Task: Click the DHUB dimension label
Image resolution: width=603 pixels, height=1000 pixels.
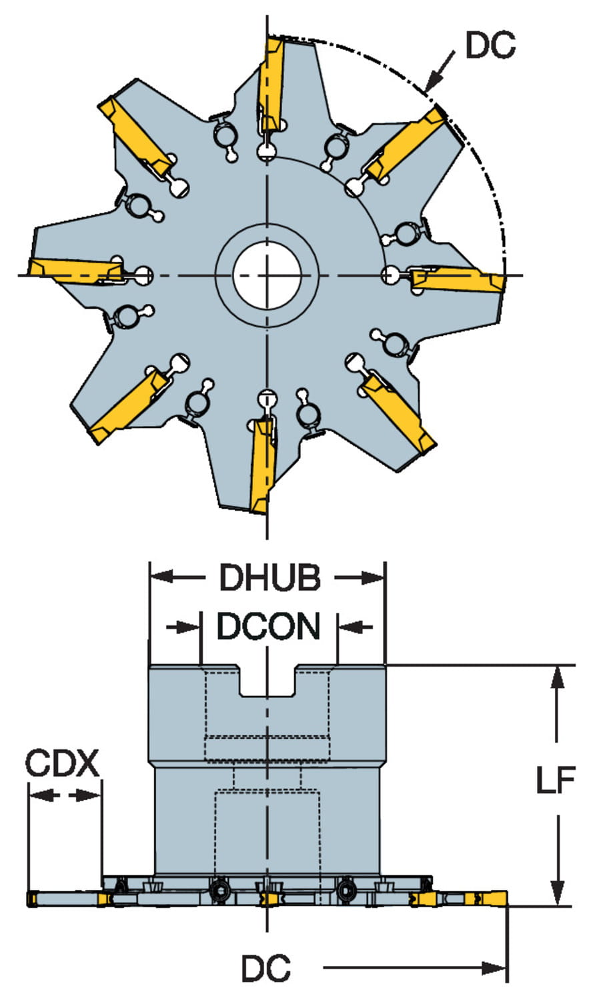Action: coord(269,577)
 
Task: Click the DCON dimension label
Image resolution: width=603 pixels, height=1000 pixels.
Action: coord(268,626)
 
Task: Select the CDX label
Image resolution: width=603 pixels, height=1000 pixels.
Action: coord(61,763)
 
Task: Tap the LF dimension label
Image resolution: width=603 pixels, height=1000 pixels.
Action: coord(555,781)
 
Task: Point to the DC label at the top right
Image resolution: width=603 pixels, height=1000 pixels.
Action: coord(490,45)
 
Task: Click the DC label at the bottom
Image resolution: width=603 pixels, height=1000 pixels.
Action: coord(265,968)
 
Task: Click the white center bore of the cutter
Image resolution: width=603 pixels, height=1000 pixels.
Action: coord(267,274)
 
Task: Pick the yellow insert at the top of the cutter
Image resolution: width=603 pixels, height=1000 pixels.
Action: coord(272,83)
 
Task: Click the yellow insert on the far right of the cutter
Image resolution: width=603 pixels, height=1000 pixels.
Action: coord(459,280)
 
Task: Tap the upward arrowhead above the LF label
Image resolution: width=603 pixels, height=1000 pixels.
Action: coord(558,677)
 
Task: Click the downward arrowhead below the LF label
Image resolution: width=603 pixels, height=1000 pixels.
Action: coord(558,893)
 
